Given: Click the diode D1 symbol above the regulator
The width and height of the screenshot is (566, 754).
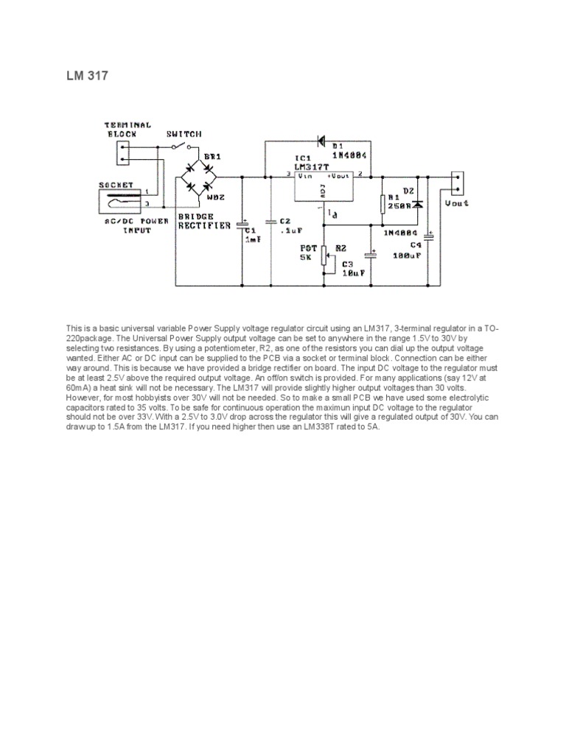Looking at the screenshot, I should [321, 139].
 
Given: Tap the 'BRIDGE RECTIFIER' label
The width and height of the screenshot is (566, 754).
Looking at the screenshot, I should [204, 221].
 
